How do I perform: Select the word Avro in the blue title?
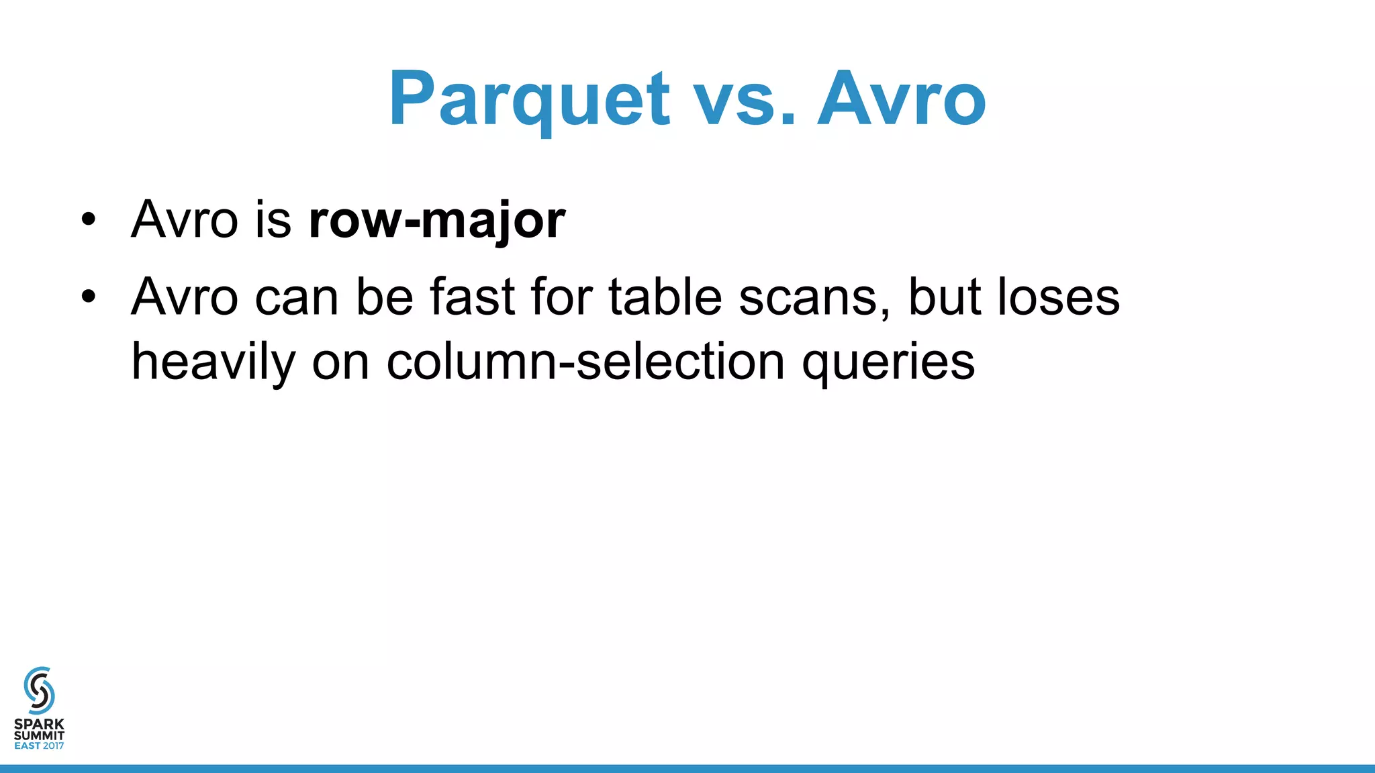901,99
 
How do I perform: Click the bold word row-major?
437,220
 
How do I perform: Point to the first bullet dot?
89,220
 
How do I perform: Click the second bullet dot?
89,297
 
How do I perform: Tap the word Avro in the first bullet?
185,220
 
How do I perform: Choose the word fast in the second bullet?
472,297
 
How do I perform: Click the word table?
665,297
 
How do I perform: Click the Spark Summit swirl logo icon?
39,690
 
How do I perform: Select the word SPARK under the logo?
39,725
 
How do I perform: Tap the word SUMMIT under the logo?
39,735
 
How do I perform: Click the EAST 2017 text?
39,745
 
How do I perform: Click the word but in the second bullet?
943,297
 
